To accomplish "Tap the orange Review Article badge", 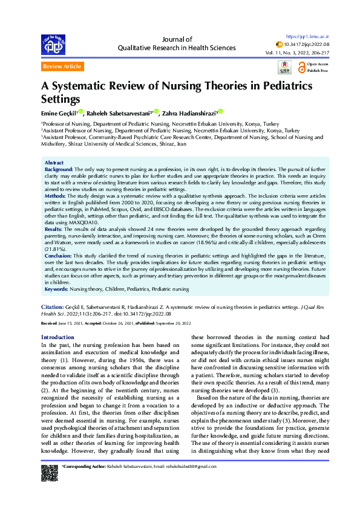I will tap(62, 66).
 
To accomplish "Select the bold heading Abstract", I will tap(54, 146).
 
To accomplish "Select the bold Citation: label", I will tap(53, 307).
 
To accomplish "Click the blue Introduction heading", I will tap(57, 337).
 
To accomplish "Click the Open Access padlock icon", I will tap(300, 63).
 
